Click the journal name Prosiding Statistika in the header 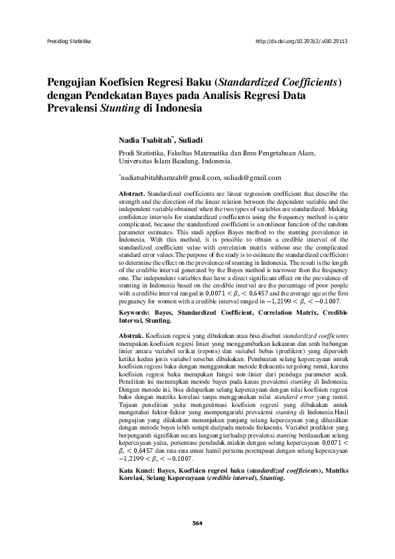click(68, 41)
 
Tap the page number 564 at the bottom click(197, 523)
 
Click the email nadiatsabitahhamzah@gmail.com click(169, 177)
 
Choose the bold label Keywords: click(135, 311)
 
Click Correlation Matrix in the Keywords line click(277, 311)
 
